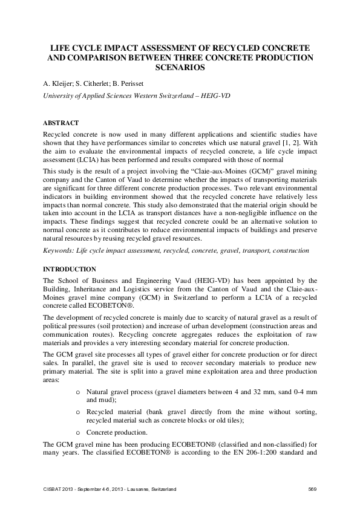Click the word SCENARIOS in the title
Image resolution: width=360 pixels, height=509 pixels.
point(180,68)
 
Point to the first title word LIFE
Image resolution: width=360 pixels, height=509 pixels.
point(60,48)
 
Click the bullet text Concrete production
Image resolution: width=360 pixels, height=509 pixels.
point(115,432)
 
